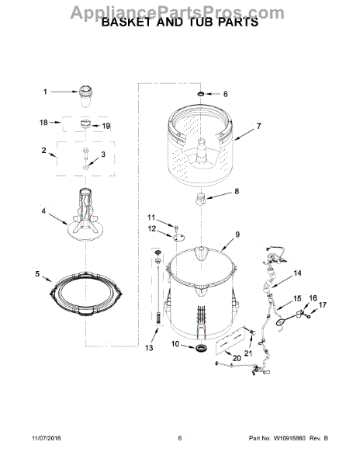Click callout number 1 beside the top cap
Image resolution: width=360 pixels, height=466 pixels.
coord(45,92)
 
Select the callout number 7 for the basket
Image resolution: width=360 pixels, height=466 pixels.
coord(259,126)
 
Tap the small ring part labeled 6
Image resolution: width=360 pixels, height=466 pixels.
coord(201,94)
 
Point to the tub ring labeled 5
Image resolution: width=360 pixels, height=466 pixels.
coord(86,293)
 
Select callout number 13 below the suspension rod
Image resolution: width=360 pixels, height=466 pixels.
coord(149,348)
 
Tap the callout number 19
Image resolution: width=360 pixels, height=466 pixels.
coord(106,126)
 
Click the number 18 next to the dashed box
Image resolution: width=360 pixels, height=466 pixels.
coord(43,122)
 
